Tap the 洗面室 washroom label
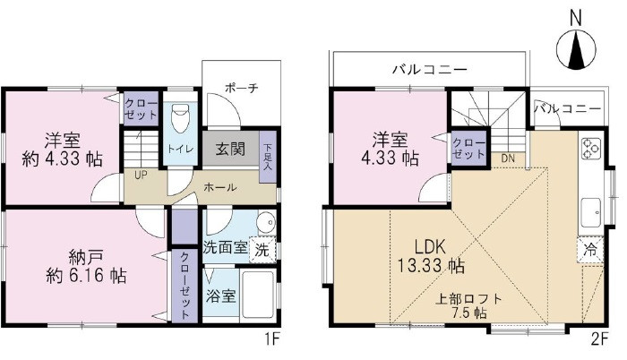pyautogui.click(x=225, y=247)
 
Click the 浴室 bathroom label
pyautogui.click(x=224, y=296)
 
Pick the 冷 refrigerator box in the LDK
pyautogui.click(x=592, y=250)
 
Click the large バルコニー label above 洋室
pyautogui.click(x=427, y=68)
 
